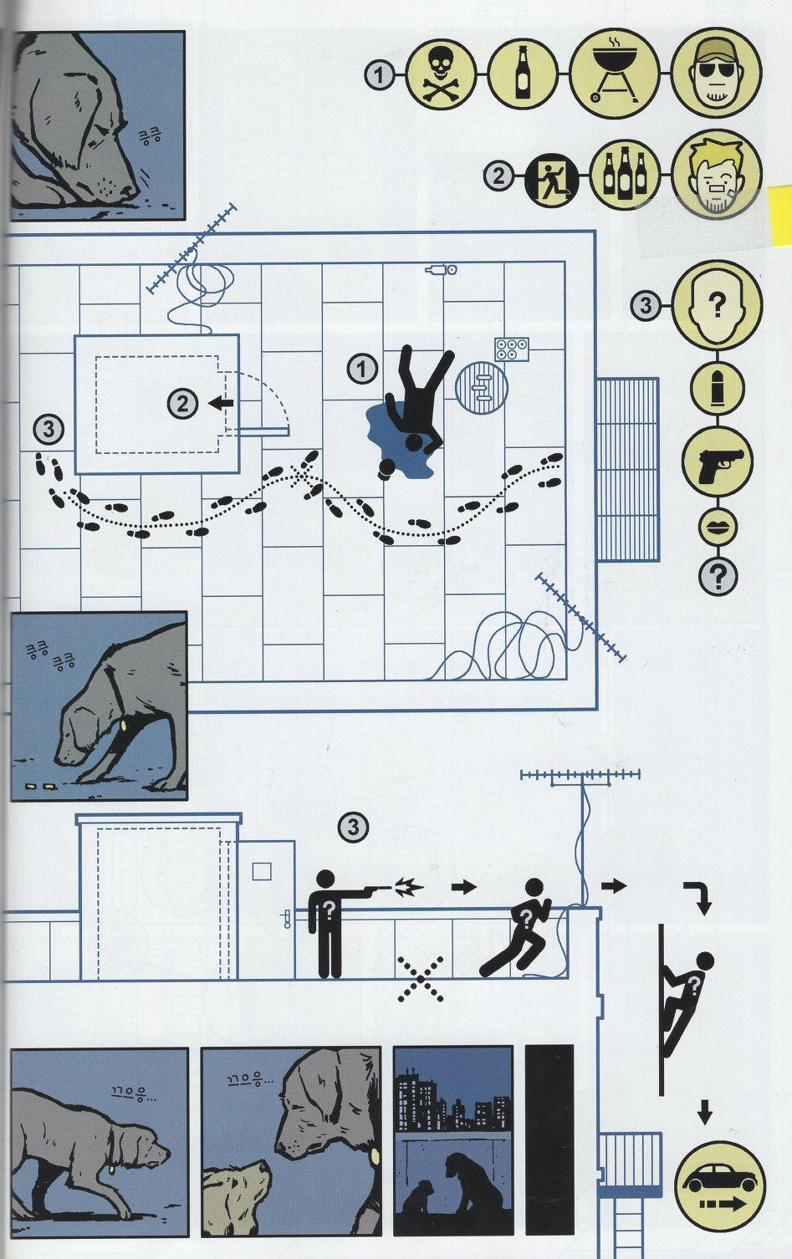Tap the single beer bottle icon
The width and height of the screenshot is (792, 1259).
(x=523, y=74)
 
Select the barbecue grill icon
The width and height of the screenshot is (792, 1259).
(x=614, y=73)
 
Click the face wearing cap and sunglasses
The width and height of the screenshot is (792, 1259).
(x=717, y=73)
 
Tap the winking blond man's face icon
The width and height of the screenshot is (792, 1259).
(x=717, y=174)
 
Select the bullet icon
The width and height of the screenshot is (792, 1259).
(x=718, y=389)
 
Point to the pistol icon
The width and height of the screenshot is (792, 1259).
(x=718, y=462)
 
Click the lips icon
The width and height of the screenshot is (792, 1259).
(x=718, y=528)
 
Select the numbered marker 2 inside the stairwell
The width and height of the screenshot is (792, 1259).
(x=182, y=404)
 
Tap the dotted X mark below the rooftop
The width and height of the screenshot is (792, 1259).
(x=420, y=979)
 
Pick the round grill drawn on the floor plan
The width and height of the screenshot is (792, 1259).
(x=481, y=387)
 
